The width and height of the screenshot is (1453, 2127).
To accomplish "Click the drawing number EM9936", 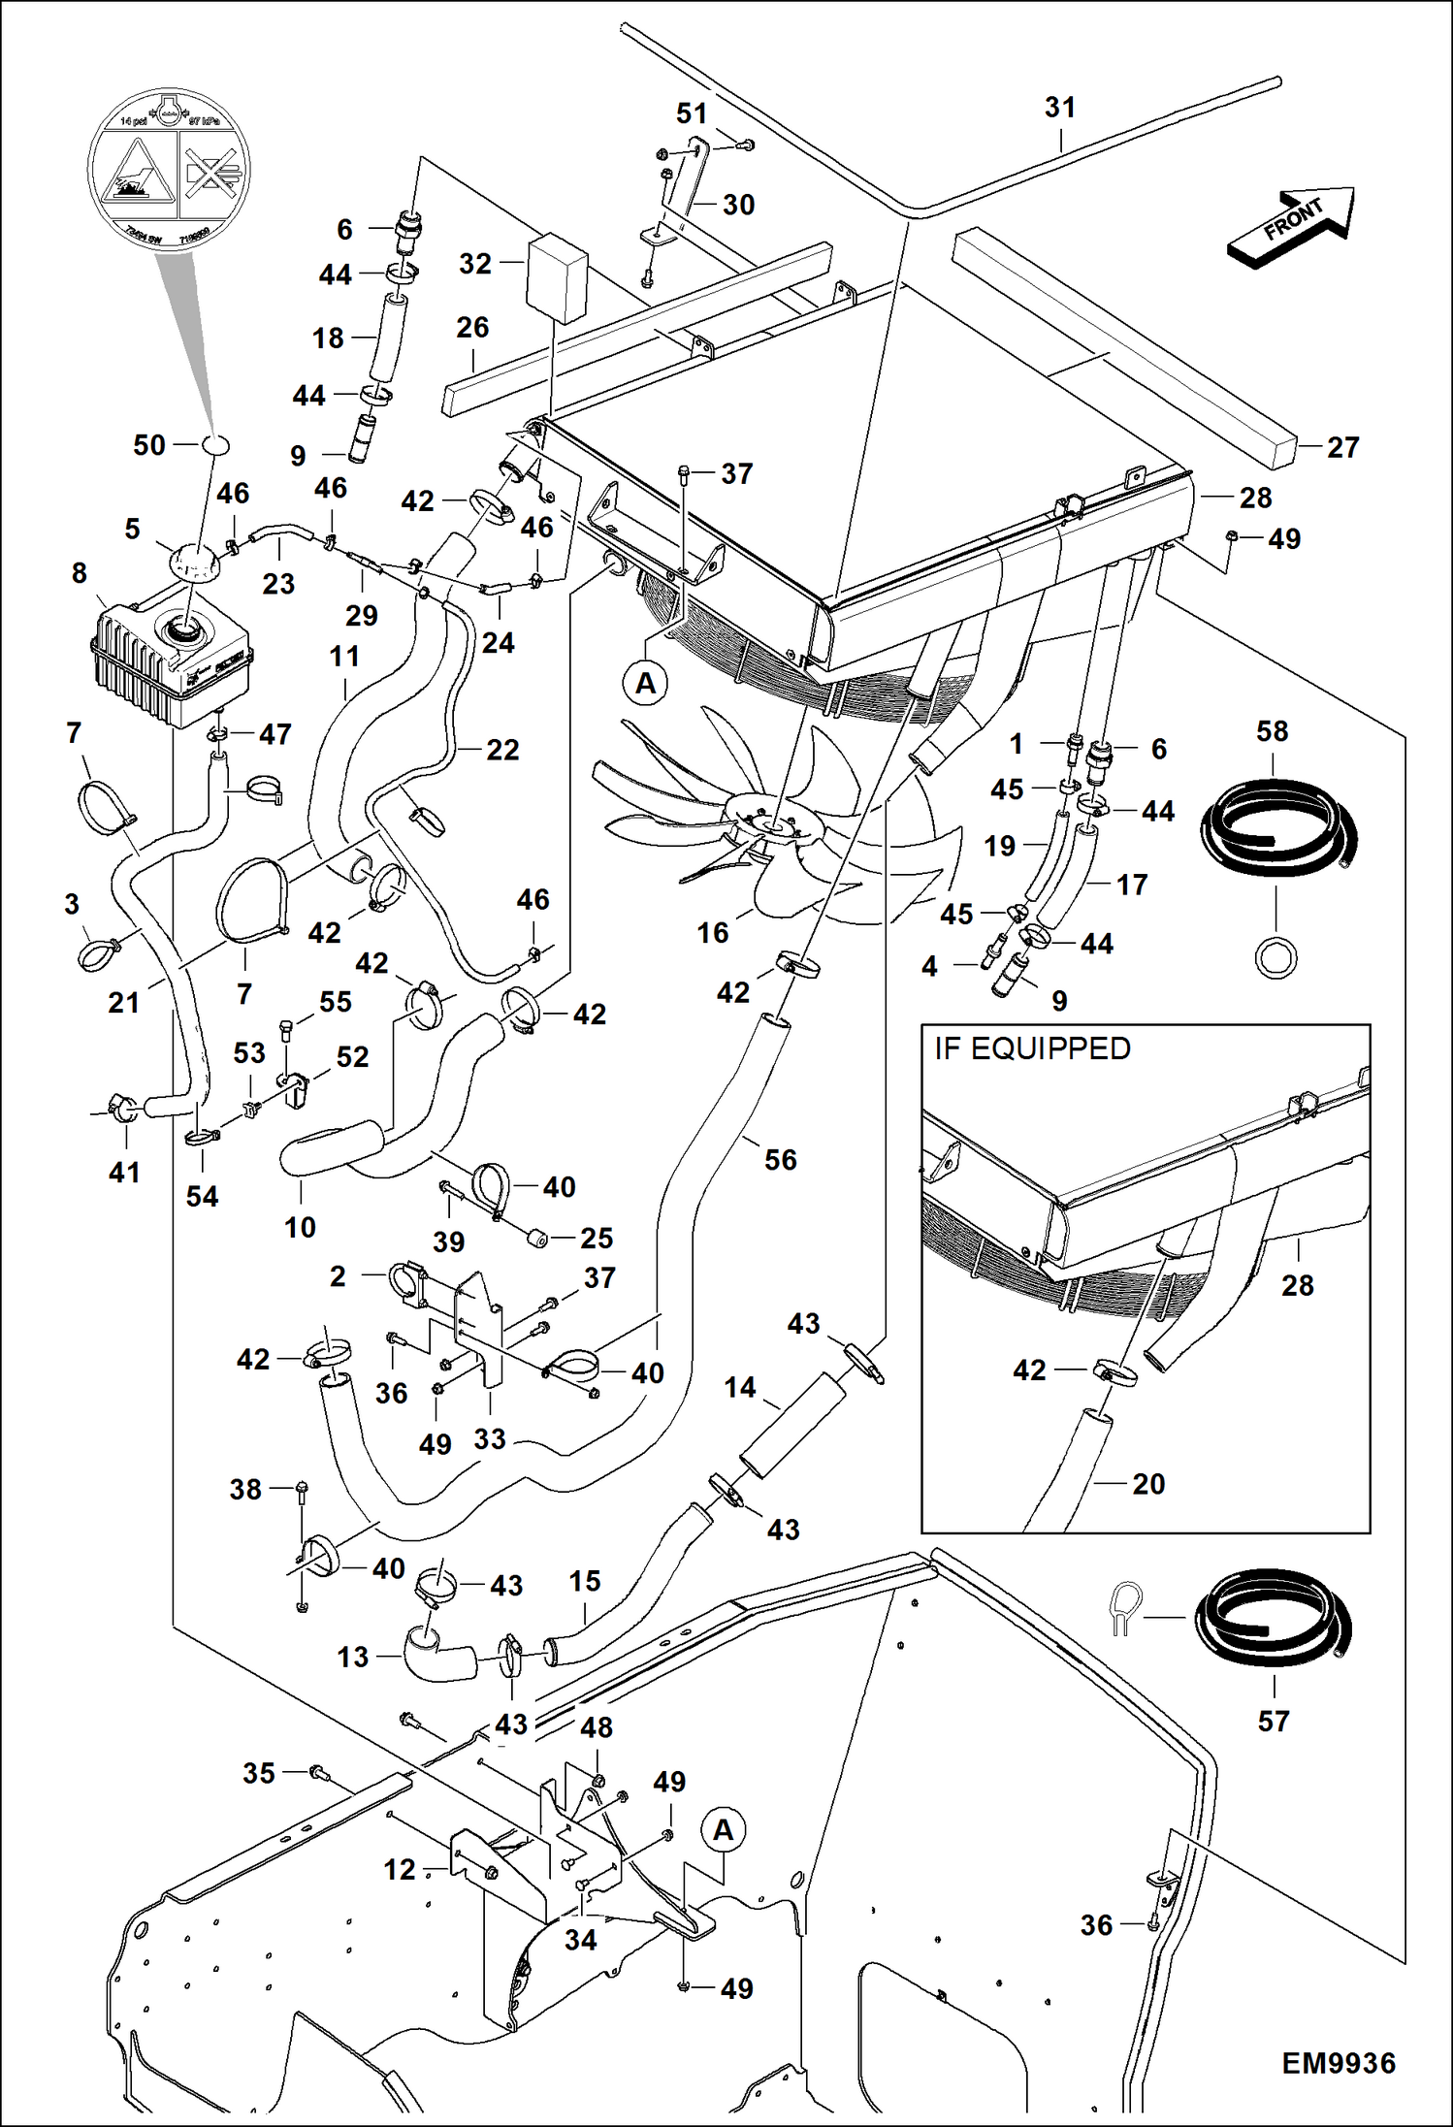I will coord(1338,2063).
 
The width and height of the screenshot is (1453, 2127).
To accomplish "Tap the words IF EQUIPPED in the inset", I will coord(1032,1048).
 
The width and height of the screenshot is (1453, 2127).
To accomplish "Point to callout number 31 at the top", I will coord(1059,108).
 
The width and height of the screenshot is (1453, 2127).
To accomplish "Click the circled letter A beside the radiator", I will coord(646,683).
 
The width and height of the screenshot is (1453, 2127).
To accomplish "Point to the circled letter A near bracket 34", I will coord(724,1829).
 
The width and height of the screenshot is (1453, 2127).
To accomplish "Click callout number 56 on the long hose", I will coord(780,1159).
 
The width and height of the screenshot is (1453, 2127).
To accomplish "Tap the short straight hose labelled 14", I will coord(792,1425).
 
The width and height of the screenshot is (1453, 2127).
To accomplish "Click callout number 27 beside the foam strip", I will coord(1342,447).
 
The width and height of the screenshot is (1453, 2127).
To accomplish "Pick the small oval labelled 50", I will coord(216,444).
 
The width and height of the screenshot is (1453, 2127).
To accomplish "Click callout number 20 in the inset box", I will coord(1148,1483).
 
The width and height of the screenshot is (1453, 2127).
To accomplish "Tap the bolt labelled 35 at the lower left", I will coord(316,1773).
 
